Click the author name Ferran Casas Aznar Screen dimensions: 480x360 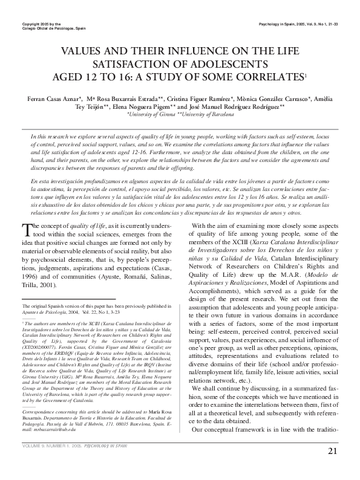pos(45,97)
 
